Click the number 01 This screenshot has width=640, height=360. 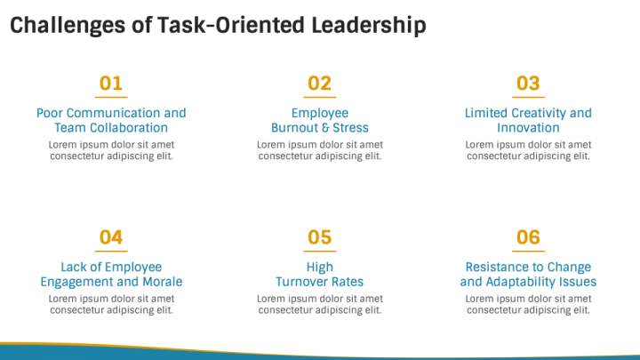click(111, 84)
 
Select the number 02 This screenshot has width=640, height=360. click(319, 84)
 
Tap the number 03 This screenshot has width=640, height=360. click(528, 84)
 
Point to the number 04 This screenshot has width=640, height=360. click(111, 237)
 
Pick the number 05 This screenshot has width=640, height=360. click(319, 237)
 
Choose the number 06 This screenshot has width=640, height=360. click(528, 237)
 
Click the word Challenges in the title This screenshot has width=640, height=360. click(67, 26)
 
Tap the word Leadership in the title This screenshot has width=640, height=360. click(366, 26)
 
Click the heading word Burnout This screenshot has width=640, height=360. click(296, 128)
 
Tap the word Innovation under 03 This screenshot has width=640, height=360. click(528, 128)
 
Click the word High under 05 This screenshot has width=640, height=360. click(320, 267)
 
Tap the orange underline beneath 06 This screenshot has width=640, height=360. click(528, 251)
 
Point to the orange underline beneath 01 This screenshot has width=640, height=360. click(111, 97)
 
